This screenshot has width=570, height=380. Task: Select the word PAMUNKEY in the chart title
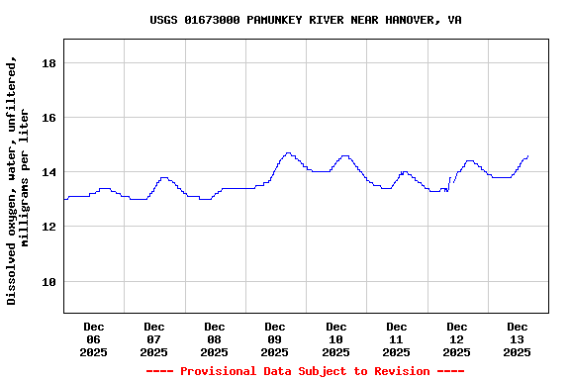click(280, 20)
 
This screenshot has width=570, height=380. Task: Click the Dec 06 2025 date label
click(94, 338)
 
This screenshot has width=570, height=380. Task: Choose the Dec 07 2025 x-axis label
click(154, 338)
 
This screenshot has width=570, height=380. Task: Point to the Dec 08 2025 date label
click(215, 338)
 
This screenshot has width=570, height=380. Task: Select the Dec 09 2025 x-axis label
click(275, 338)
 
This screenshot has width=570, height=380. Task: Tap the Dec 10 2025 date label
click(336, 338)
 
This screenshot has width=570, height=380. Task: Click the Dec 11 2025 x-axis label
click(397, 338)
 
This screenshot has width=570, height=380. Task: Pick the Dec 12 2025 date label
click(457, 338)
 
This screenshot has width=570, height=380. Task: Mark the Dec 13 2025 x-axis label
click(518, 338)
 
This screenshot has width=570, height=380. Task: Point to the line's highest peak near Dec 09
click(288, 153)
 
